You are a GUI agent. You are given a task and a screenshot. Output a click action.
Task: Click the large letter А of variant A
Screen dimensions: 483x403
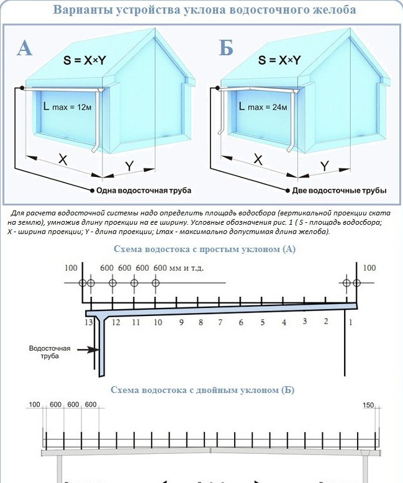coord(24,48)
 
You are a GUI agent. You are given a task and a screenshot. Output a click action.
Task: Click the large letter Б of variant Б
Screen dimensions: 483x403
coord(225,48)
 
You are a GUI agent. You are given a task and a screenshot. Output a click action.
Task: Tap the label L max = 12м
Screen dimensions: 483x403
coord(68,107)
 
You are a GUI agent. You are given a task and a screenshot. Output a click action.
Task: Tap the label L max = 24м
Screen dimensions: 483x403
coord(263,107)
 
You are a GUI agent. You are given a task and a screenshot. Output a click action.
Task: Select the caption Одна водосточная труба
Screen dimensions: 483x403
coord(143,189)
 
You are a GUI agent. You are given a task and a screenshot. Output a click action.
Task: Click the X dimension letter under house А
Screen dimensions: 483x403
coord(63,160)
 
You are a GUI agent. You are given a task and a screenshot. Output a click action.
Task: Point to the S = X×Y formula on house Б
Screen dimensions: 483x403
coord(279,60)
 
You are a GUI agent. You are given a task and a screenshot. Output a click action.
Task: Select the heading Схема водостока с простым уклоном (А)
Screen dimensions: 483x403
coord(206,249)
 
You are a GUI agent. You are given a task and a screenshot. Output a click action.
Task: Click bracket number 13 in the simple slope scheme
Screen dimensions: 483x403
coord(89,322)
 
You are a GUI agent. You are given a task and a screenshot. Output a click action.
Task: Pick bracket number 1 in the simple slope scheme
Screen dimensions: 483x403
coord(351,322)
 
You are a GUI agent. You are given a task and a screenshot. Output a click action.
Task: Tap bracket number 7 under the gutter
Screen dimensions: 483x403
coord(220,322)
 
